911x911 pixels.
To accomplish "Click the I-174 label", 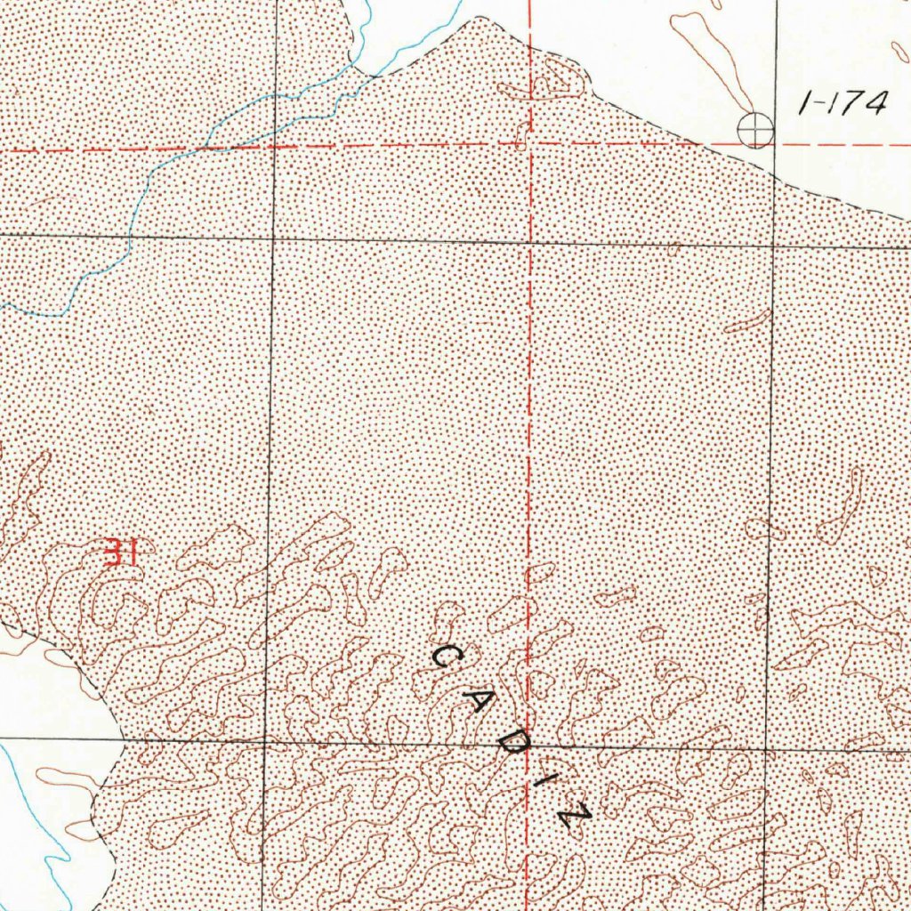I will (x=842, y=105).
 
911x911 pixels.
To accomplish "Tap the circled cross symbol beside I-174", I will (x=754, y=131).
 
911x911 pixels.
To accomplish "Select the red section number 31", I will (x=119, y=552).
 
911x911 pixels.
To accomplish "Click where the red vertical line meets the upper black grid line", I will (x=530, y=241).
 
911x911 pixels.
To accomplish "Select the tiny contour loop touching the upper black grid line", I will (x=673, y=249).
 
